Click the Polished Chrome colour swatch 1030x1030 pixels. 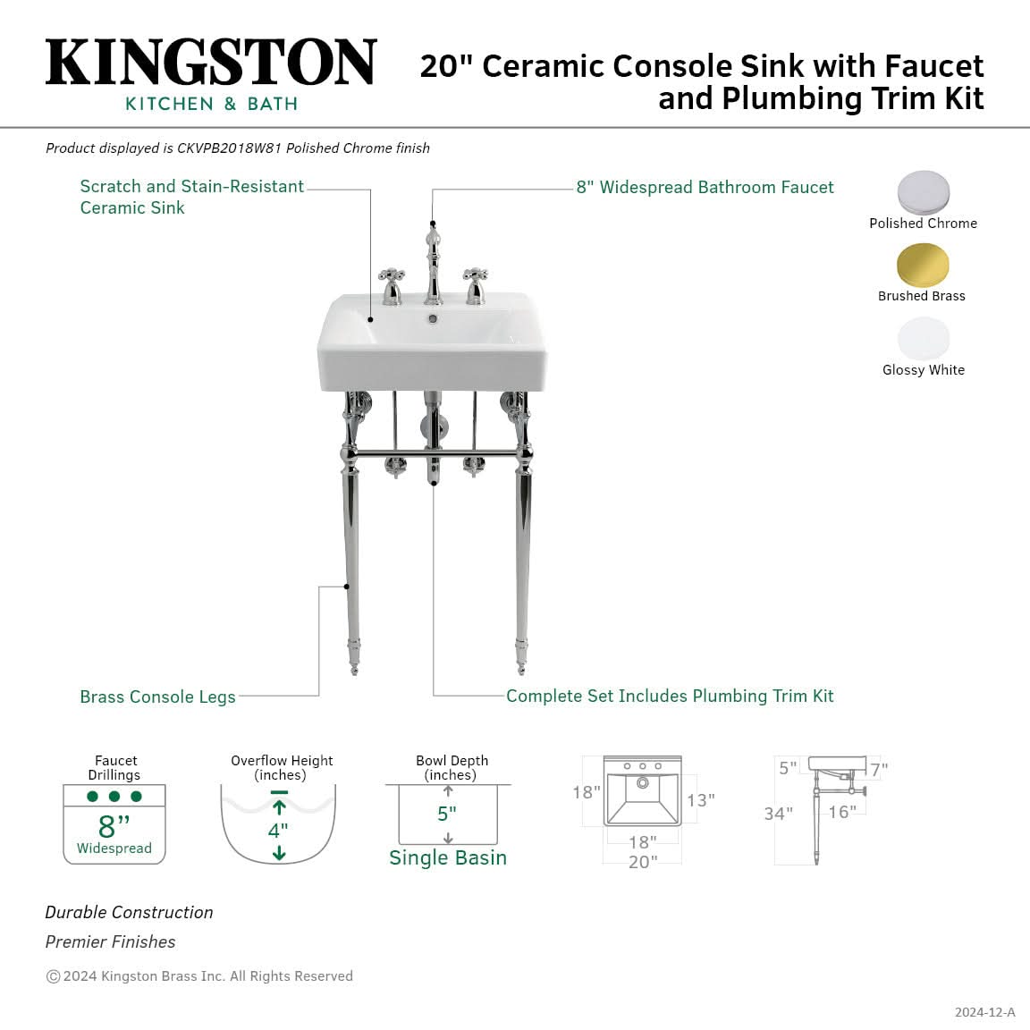924,192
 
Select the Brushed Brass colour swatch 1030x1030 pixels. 923,265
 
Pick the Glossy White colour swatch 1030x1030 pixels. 924,338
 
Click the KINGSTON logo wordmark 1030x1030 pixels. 211,62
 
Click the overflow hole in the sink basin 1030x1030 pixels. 432,319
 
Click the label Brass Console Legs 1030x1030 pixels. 157,697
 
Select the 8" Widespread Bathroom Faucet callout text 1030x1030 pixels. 705,187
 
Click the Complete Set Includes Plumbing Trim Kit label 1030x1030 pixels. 670,696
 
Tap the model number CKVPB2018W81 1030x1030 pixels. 229,148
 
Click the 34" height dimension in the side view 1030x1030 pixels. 779,814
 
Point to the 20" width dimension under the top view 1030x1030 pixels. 643,862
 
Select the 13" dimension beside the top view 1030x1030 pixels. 701,800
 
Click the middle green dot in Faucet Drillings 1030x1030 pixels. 114,796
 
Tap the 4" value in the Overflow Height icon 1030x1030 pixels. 278,831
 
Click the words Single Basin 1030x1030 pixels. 448,858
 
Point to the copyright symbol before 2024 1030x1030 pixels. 54,976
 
